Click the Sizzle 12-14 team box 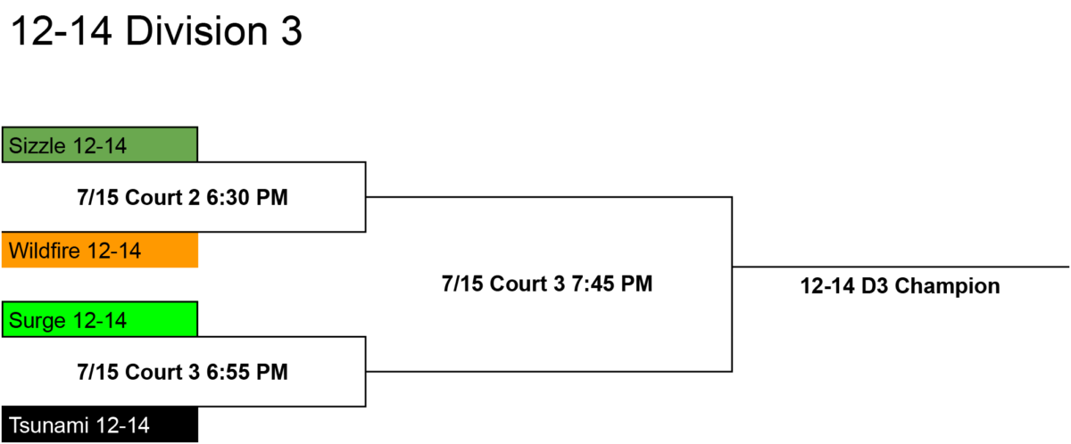[x=100, y=144]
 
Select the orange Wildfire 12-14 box [x=100, y=251]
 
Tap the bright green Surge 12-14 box [x=100, y=319]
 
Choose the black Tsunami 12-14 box [x=100, y=424]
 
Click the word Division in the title [x=196, y=31]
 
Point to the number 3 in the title [x=292, y=31]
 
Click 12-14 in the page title [x=62, y=31]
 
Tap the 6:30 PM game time [x=247, y=197]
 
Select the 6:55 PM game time [x=247, y=372]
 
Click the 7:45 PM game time [x=612, y=284]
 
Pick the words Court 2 [x=162, y=197]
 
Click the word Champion [x=947, y=286]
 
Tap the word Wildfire [x=45, y=251]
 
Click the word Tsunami [x=49, y=425]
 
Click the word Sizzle [x=37, y=145]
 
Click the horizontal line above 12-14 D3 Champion [x=901, y=267]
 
